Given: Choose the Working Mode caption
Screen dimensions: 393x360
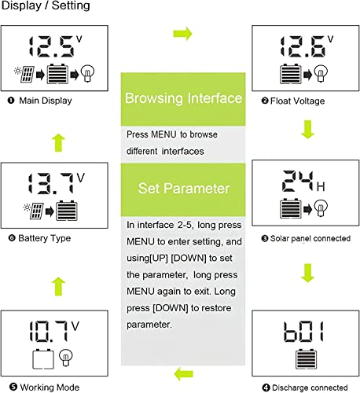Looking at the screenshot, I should [43, 386].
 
